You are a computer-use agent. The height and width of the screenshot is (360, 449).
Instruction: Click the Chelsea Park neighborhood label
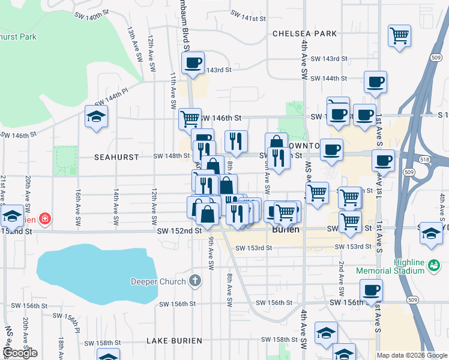click(x=304, y=34)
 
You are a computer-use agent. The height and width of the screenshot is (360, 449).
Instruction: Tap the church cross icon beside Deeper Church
click(x=194, y=280)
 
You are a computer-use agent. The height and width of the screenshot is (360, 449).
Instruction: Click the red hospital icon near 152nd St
click(x=45, y=219)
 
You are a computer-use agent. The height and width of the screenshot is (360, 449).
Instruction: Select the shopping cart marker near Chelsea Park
click(x=399, y=35)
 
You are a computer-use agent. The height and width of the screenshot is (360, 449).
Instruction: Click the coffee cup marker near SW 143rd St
click(x=193, y=62)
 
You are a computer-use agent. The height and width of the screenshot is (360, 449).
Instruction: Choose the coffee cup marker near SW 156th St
click(x=372, y=290)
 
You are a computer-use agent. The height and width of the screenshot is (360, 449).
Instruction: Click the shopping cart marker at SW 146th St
click(x=190, y=118)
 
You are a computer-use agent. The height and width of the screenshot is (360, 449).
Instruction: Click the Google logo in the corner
click(x=20, y=353)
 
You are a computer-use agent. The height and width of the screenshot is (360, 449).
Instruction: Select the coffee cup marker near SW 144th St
click(x=375, y=82)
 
